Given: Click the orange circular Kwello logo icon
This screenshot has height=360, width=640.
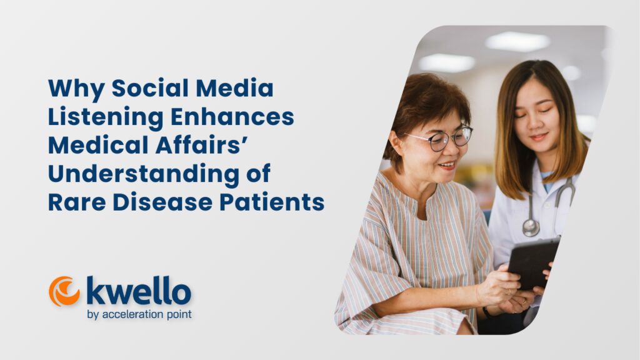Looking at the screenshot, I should pos(64,291).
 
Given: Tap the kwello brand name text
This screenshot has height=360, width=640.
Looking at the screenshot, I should pos(139,290).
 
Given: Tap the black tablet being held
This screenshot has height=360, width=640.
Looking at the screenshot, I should pos(532,262).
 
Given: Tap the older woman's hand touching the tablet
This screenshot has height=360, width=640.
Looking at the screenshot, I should pos(500,284).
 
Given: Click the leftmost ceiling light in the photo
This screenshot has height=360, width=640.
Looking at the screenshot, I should pos(446,62).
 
